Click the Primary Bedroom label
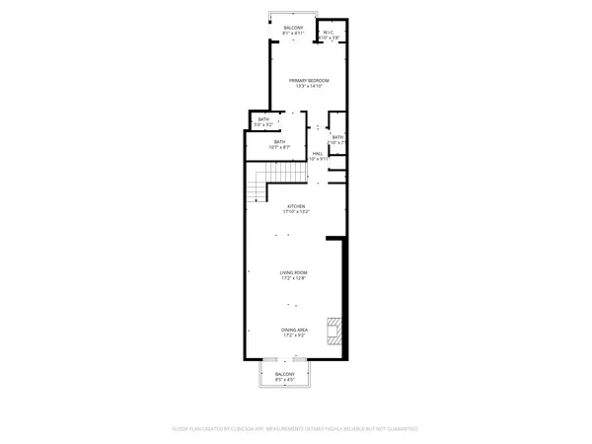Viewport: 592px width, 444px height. (x=309, y=80)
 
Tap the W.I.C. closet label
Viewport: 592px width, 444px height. (x=329, y=34)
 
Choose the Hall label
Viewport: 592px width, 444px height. (x=318, y=153)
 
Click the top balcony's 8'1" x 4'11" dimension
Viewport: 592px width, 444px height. (x=294, y=34)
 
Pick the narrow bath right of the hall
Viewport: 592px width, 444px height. (x=337, y=139)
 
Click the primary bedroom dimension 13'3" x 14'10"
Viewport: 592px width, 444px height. (x=309, y=86)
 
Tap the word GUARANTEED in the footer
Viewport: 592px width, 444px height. (x=400, y=429)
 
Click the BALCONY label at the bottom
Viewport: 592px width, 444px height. (x=285, y=375)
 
